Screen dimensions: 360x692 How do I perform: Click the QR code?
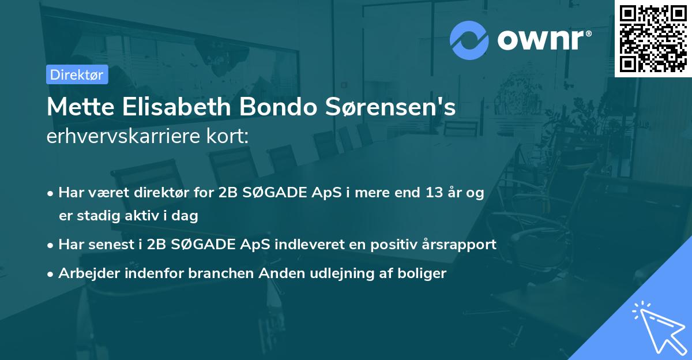coord(653,38)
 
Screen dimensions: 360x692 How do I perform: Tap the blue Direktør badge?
coord(76,74)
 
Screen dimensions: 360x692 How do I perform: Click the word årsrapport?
coord(458,244)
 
